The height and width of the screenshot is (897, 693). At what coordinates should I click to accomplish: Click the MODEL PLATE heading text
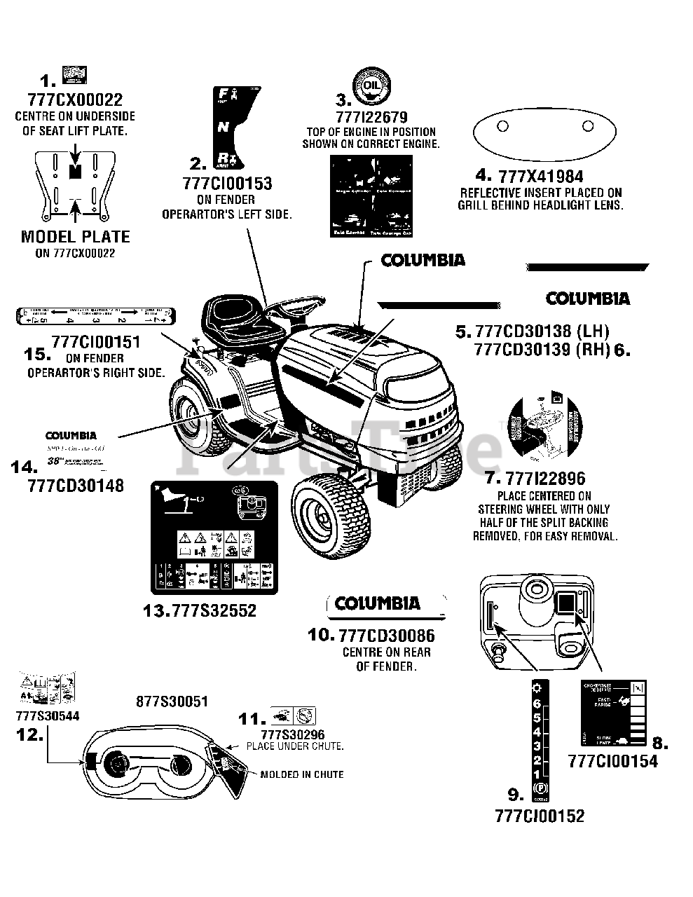point(75,237)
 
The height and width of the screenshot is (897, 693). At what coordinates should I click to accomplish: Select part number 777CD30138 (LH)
point(542,331)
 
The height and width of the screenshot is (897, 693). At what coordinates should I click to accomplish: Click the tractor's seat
point(235,316)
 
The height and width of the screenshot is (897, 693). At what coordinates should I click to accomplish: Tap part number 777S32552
point(200,610)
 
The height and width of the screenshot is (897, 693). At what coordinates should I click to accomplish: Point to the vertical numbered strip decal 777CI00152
point(537,740)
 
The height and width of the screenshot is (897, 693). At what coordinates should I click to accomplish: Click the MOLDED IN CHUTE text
point(301,774)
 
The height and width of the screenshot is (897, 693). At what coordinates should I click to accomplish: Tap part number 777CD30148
point(76,485)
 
